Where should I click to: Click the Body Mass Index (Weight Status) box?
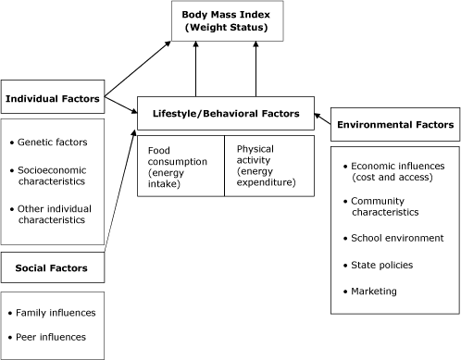(227, 20)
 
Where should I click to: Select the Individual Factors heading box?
(54, 97)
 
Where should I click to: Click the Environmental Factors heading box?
(394, 124)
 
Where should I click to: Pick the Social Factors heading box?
(53, 268)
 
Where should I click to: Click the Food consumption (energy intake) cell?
(181, 166)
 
